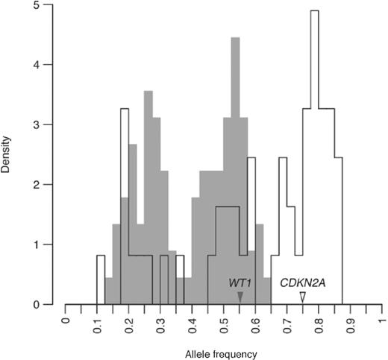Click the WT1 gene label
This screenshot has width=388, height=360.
[240, 284]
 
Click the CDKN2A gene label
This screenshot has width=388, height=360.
[302, 284]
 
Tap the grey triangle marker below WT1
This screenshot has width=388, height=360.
[240, 297]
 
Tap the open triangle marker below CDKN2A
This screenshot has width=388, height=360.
[302, 297]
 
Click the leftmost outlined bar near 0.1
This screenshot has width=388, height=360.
[101, 280]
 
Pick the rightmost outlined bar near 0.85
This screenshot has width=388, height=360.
[338, 231]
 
